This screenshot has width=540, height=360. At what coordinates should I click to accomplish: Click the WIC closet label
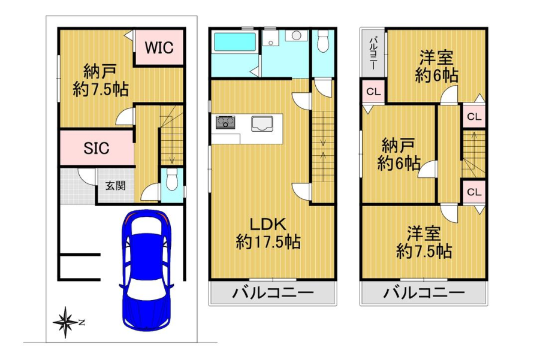159,47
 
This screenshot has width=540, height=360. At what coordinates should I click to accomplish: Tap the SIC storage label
96,148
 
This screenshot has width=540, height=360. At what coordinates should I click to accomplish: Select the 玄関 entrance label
115,186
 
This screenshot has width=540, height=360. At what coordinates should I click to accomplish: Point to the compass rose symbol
65,322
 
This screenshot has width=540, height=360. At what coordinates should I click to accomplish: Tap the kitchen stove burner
227,122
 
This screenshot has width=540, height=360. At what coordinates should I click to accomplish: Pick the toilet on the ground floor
172,179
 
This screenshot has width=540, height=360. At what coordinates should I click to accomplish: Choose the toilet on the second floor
322,41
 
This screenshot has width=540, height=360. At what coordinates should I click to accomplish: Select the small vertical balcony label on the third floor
372,53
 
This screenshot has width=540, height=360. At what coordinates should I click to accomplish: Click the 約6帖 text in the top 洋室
436,75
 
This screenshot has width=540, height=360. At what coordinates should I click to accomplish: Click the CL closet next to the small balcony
373,92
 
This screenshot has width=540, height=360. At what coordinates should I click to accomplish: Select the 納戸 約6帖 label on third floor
399,154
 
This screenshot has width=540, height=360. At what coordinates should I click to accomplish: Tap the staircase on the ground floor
171,135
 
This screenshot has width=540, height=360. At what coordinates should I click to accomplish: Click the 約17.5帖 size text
268,242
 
